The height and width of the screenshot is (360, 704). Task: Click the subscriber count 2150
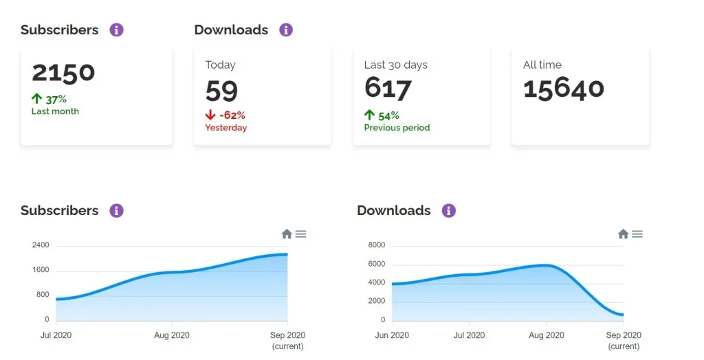tap(63, 73)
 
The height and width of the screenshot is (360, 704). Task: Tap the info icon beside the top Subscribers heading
tap(117, 30)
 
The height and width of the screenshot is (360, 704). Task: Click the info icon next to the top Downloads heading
tap(286, 30)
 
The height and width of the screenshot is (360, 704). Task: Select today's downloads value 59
tap(221, 90)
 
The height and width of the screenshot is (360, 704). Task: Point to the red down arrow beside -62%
tap(211, 115)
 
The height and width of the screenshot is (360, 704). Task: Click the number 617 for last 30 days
tap(388, 89)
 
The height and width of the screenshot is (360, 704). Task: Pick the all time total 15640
tap(564, 89)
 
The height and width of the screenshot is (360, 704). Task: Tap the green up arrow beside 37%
tap(37, 99)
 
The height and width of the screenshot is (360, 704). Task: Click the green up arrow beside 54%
tap(370, 115)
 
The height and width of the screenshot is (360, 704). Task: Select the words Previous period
tap(397, 128)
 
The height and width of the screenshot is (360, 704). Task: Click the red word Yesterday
tap(225, 128)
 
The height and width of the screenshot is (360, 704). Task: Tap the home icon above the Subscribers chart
tap(287, 234)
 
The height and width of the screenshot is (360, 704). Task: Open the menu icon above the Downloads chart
tap(637, 234)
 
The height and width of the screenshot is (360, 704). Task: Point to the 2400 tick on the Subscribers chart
tap(41, 245)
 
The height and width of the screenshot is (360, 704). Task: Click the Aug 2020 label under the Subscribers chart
tap(171, 335)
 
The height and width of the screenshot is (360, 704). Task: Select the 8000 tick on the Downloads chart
tap(377, 245)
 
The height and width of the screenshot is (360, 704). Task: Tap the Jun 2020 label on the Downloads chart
tap(392, 335)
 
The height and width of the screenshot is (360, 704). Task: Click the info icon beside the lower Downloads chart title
tap(449, 210)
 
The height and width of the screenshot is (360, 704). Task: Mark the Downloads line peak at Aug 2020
tap(547, 265)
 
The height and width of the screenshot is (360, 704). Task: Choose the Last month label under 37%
tap(55, 111)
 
